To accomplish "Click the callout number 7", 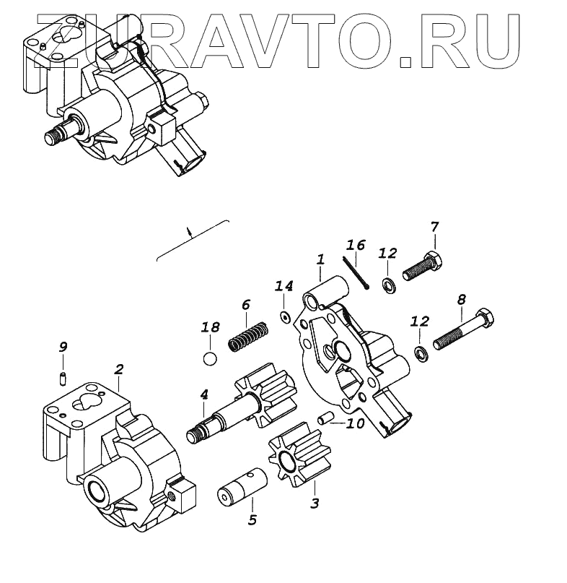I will click(x=434, y=227).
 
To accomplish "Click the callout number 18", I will click(x=210, y=327).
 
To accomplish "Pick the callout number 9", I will click(x=63, y=347).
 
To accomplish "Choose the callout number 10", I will click(x=355, y=423).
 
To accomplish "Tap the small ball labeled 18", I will click(x=210, y=358).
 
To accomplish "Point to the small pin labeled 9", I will click(x=63, y=376).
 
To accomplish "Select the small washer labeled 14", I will click(x=284, y=316).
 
